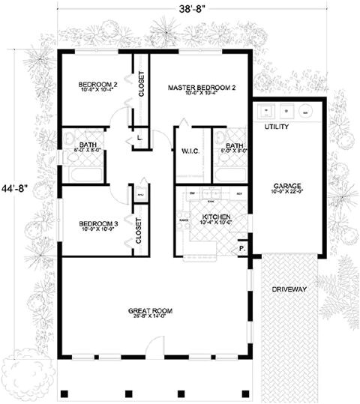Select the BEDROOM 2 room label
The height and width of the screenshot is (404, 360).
coord(97,85)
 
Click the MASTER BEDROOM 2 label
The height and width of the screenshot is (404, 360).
coord(202,88)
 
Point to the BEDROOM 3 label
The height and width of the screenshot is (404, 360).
coord(97,223)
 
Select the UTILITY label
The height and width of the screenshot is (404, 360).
coord(277,127)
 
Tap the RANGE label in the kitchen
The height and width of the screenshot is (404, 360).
coord(182,220)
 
